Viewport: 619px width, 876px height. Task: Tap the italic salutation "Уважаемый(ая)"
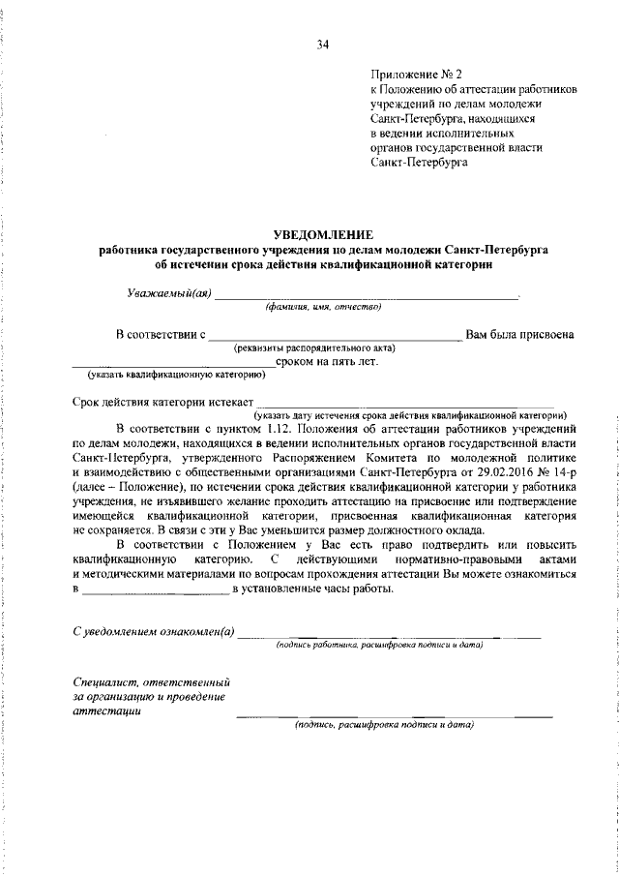pos(169,293)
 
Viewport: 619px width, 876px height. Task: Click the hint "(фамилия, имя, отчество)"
pos(324,307)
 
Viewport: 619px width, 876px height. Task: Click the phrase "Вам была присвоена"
pos(520,335)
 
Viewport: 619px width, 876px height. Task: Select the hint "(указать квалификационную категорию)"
pos(171,374)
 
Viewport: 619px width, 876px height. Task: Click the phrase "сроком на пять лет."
pos(326,361)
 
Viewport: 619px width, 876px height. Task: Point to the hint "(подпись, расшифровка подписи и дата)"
pos(384,724)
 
